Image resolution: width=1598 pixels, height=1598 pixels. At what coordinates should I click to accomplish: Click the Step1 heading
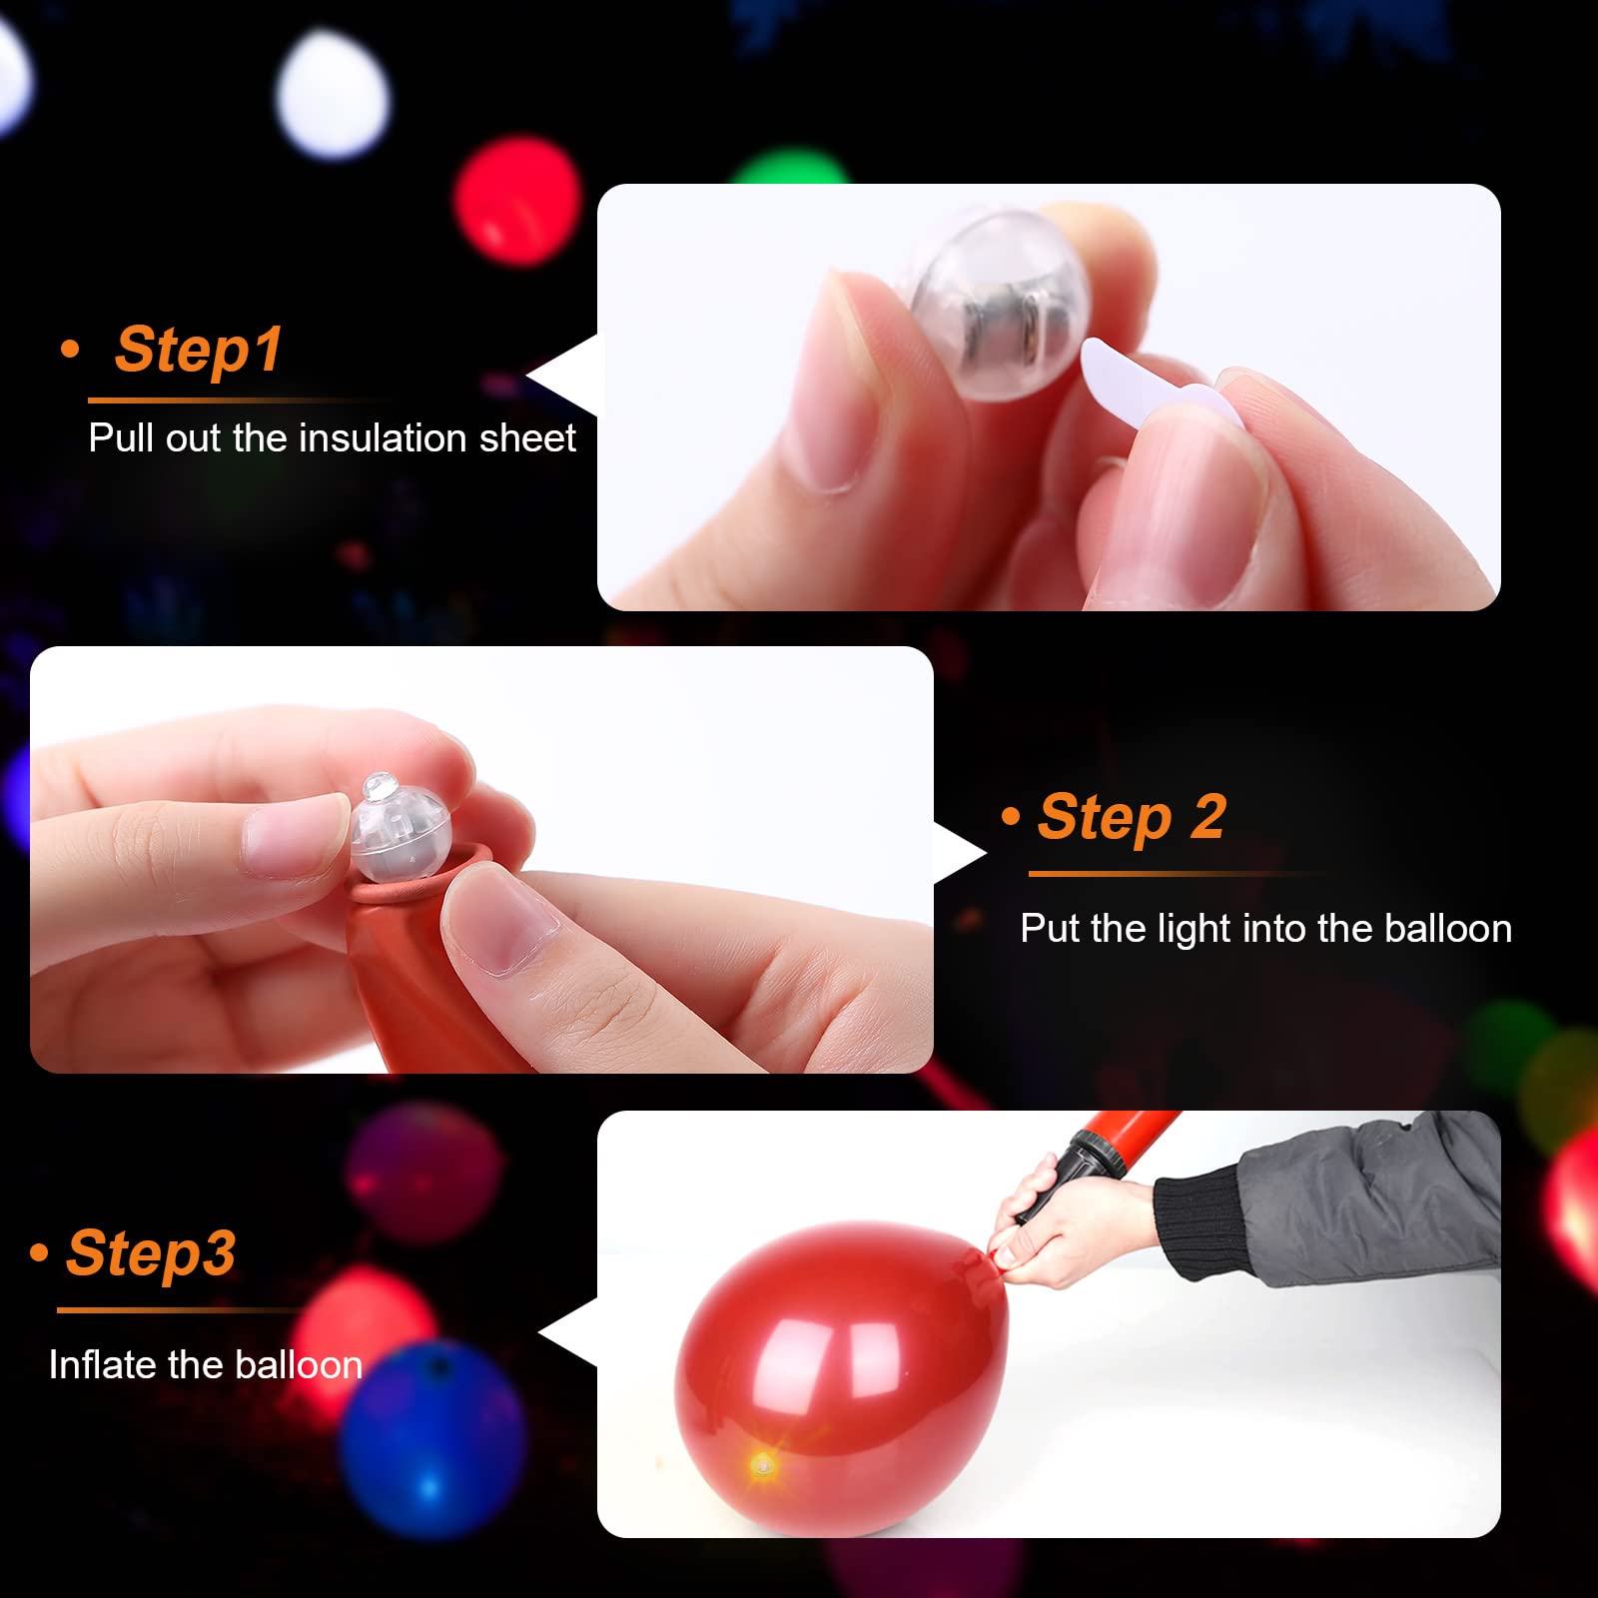click(x=198, y=350)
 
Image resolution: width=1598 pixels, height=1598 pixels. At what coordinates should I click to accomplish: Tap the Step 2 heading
click(x=1132, y=817)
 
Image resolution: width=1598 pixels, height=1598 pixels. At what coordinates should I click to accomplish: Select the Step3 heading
click(x=151, y=1252)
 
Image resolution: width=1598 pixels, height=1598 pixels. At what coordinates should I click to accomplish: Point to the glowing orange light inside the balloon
click(x=763, y=1466)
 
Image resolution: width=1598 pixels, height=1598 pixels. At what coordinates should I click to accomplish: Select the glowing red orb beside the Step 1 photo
click(x=516, y=201)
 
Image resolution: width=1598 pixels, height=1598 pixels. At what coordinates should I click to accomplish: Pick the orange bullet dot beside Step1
click(x=70, y=350)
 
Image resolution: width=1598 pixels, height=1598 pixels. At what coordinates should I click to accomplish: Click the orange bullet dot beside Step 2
click(x=1011, y=817)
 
